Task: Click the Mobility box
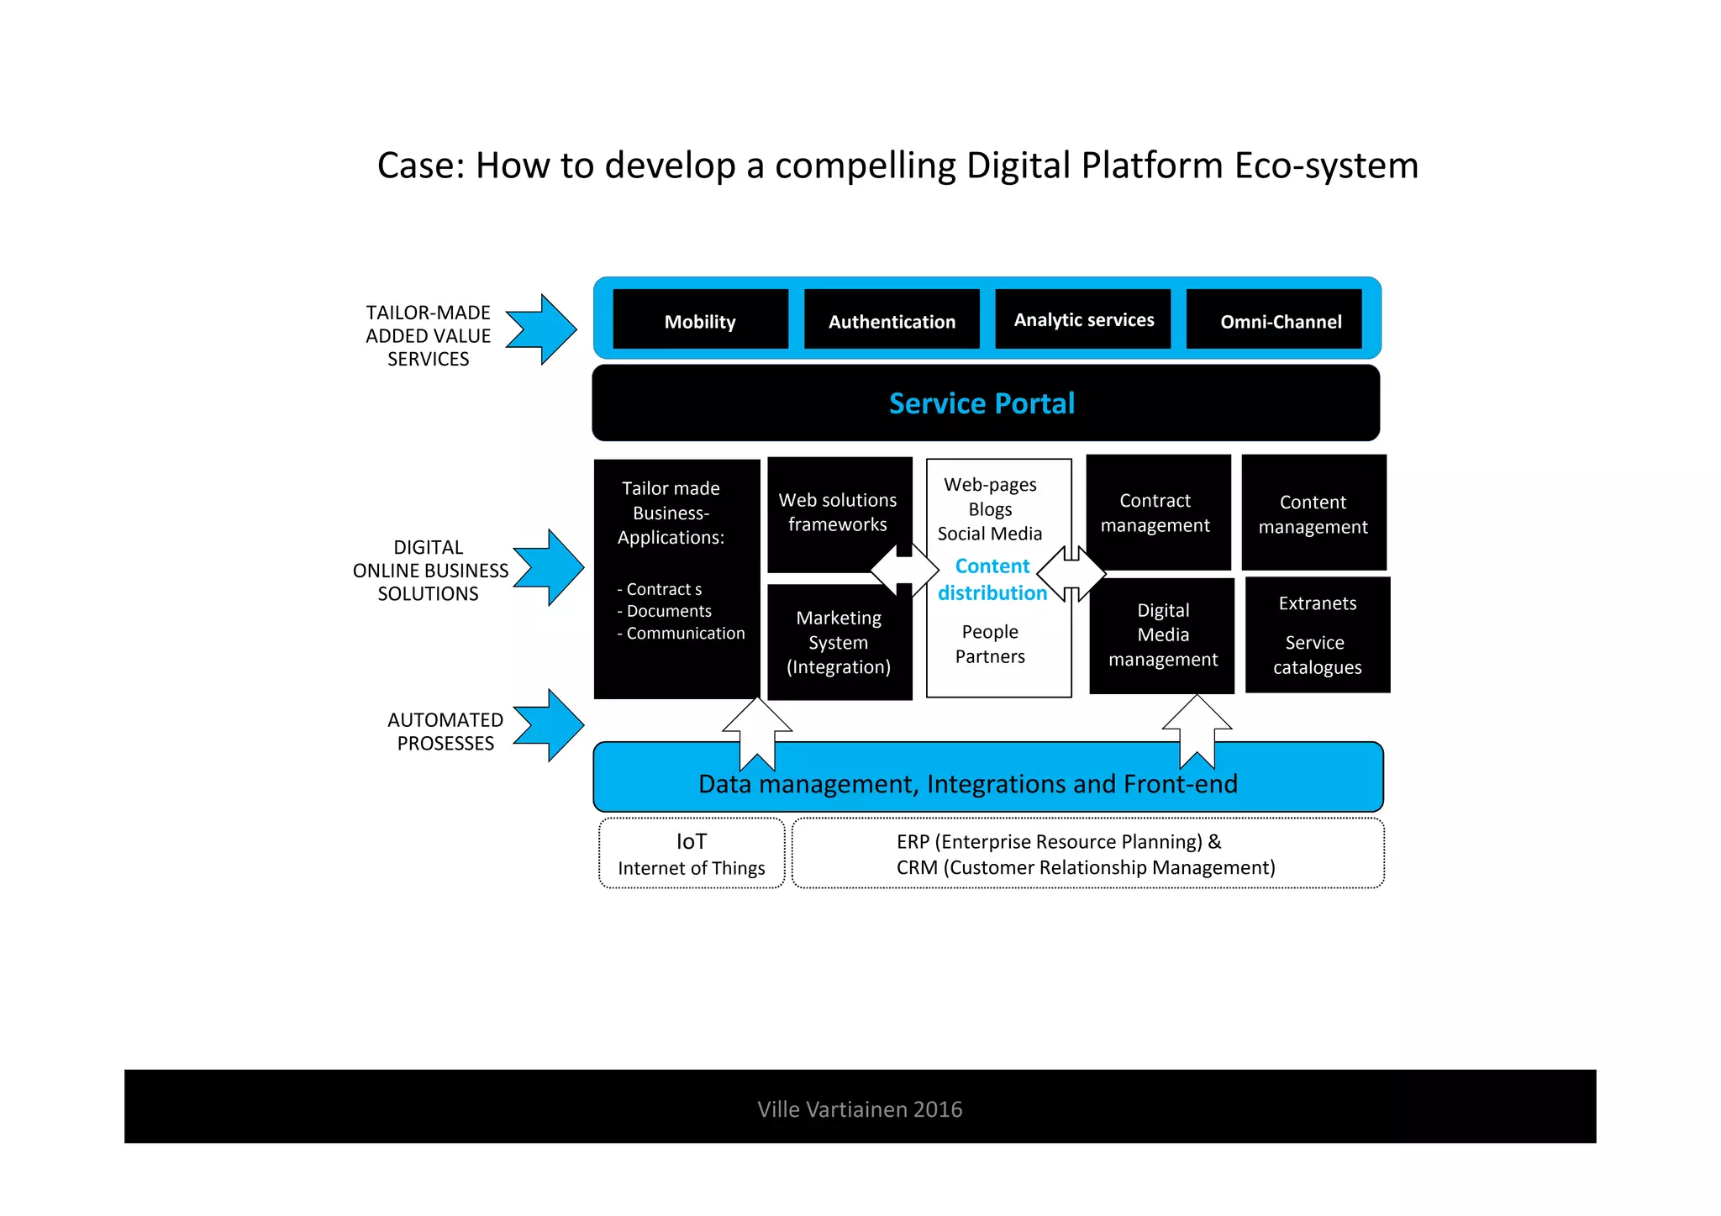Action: [x=700, y=319]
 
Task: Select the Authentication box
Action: [x=892, y=319]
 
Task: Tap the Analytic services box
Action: [x=1083, y=319]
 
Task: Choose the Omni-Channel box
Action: [x=1274, y=319]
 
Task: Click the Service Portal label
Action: [x=982, y=403]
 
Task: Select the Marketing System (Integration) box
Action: [x=839, y=643]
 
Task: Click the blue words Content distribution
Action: [x=992, y=580]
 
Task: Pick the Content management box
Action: [x=1313, y=513]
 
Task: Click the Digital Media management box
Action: [x=1162, y=635]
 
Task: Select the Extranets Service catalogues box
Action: [x=1317, y=635]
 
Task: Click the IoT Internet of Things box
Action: [x=692, y=854]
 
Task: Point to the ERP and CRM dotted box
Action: [x=1087, y=854]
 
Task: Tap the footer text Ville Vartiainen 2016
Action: [x=860, y=1109]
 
